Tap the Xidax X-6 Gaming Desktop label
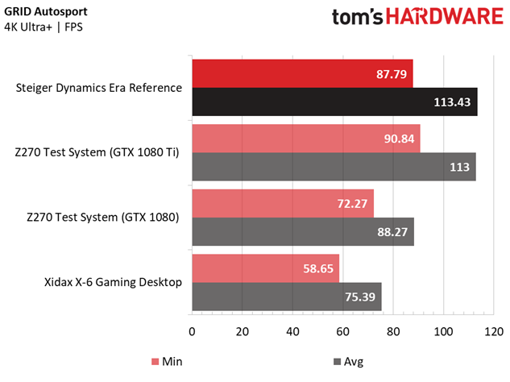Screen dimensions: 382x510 coord(113,282)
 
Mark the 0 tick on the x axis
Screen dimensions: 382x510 coord(192,332)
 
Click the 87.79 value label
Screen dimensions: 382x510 coord(390,74)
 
